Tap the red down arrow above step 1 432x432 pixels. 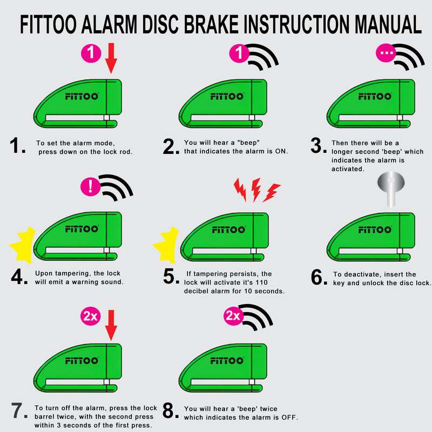(111, 58)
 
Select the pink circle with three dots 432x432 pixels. (386, 53)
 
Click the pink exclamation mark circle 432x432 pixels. (89, 187)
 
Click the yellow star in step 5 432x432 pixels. (166, 245)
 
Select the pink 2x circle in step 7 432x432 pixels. (89, 317)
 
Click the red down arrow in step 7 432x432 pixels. (111, 325)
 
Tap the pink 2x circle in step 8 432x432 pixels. (233, 316)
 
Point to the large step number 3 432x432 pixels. (318, 146)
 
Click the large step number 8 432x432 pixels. (171, 412)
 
